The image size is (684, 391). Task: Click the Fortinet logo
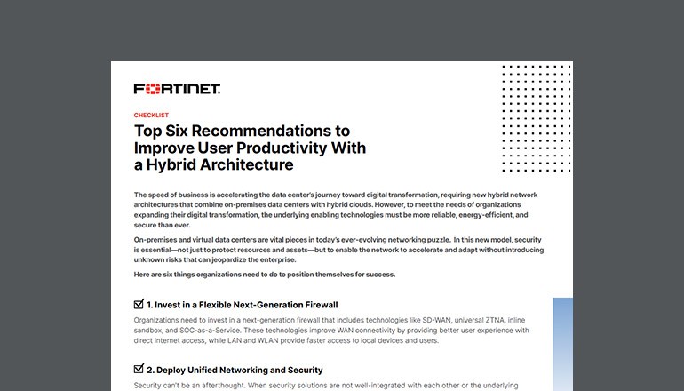click(177, 89)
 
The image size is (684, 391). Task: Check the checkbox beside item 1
click(139, 305)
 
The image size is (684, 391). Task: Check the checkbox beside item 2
click(139, 369)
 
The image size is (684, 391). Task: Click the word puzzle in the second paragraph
click(426, 241)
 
